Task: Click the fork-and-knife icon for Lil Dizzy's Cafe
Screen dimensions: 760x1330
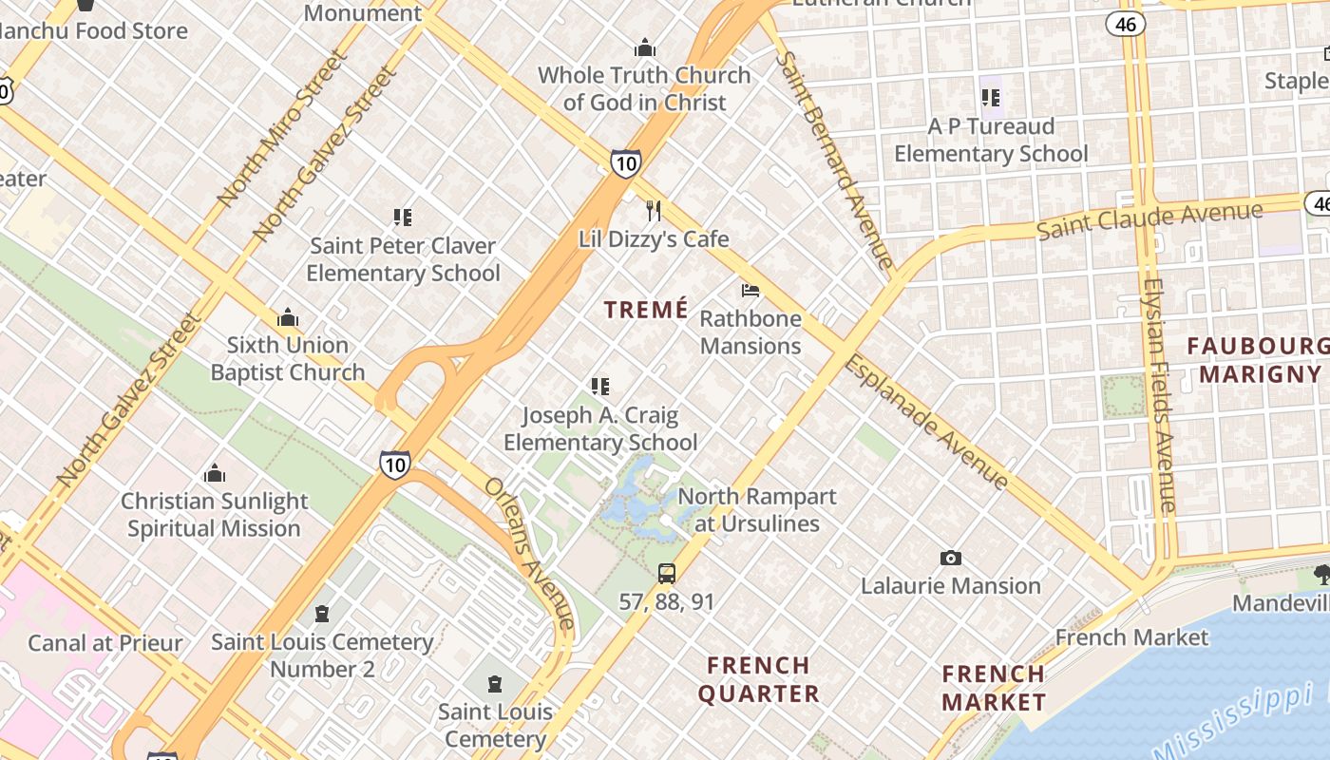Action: (x=653, y=210)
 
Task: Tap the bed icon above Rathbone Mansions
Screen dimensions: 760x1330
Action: (x=750, y=290)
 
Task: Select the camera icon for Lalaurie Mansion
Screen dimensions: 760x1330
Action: (x=950, y=558)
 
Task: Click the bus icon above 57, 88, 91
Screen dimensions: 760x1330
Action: (x=667, y=573)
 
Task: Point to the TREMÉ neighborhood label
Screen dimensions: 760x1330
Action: (x=646, y=310)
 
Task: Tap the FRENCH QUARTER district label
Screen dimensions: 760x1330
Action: (x=758, y=679)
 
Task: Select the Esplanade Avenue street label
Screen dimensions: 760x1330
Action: (x=926, y=422)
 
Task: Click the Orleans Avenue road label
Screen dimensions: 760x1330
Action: (x=530, y=553)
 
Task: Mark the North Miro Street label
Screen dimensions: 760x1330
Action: (x=282, y=128)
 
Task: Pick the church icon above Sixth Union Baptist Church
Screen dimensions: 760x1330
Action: (x=288, y=317)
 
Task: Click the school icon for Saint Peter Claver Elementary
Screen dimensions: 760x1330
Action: (x=403, y=218)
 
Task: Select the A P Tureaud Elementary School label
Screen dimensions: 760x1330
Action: (x=991, y=140)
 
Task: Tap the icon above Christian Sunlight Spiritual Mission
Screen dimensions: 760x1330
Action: (x=215, y=473)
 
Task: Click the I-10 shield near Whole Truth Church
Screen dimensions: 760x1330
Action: (x=625, y=163)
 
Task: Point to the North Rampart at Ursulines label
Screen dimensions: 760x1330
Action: (x=757, y=510)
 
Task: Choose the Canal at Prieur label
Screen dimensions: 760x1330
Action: (x=105, y=643)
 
